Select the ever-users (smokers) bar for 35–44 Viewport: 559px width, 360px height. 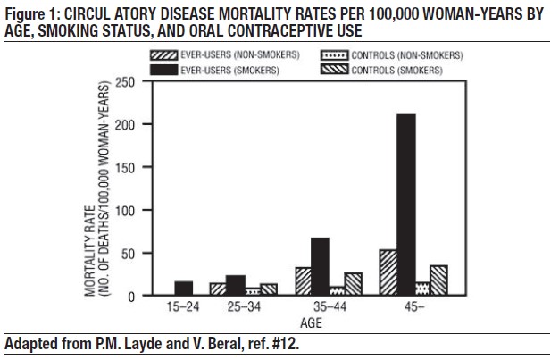(x=320, y=266)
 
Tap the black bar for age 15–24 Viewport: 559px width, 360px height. (x=183, y=288)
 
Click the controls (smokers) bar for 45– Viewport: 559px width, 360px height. (x=438, y=280)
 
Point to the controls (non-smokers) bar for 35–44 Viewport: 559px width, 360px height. (x=337, y=290)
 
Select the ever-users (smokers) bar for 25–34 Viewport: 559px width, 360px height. (x=235, y=285)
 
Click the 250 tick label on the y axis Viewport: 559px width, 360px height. (x=125, y=82)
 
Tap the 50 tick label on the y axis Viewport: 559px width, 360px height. (x=128, y=253)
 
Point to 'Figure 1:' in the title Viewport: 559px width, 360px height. (x=30, y=11)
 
